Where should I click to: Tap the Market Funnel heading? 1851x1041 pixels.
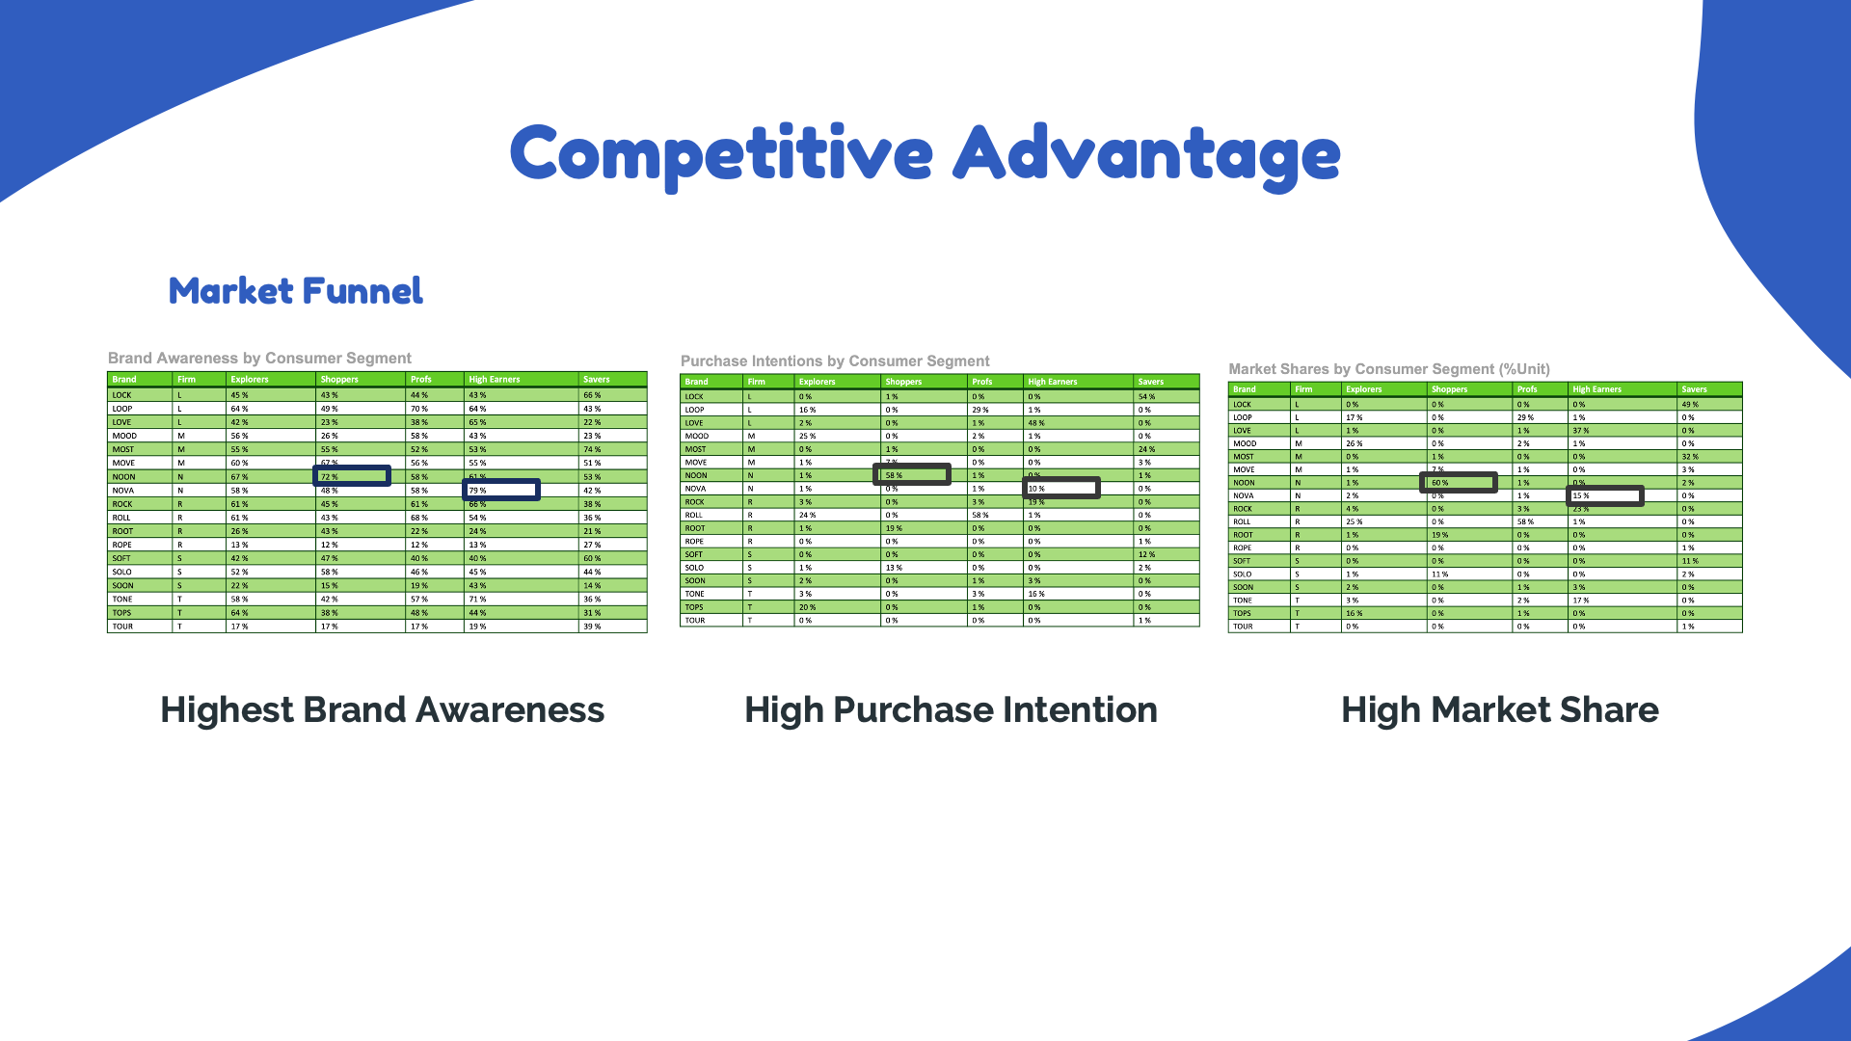click(x=295, y=291)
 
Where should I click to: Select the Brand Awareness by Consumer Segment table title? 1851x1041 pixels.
click(x=259, y=359)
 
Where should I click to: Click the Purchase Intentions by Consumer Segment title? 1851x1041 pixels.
click(x=835, y=361)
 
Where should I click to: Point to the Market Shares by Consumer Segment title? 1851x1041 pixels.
click(x=1389, y=369)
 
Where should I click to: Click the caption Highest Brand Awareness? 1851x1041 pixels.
click(x=382, y=710)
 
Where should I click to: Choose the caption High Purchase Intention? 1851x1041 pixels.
click(x=951, y=710)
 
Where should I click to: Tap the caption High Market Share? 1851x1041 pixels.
click(x=1500, y=710)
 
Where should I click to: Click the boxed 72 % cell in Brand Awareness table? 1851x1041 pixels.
click(x=352, y=476)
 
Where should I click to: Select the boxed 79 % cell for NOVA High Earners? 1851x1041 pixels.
click(x=501, y=491)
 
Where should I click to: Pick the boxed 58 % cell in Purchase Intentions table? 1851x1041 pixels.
click(x=912, y=474)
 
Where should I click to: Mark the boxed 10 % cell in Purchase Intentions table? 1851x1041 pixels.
click(x=1061, y=488)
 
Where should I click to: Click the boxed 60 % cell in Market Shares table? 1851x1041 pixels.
click(x=1459, y=482)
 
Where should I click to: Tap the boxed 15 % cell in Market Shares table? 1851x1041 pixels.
click(x=1605, y=495)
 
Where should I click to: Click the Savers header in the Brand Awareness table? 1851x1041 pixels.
click(x=596, y=380)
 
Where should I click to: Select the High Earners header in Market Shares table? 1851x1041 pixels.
click(x=1596, y=389)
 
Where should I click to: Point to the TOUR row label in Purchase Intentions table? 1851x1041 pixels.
click(x=695, y=620)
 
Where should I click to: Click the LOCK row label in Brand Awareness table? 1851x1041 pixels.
click(x=121, y=395)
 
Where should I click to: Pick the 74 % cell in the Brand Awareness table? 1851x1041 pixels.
click(x=592, y=449)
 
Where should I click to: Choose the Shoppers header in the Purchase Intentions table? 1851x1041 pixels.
click(x=903, y=382)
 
